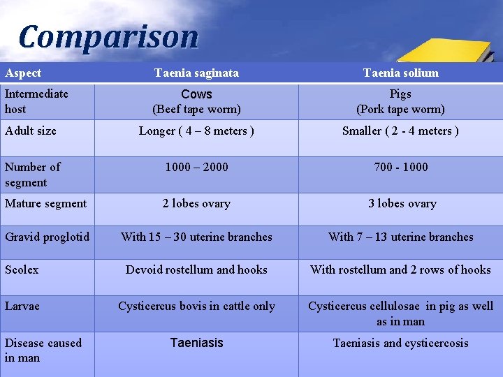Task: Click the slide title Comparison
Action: point(108,36)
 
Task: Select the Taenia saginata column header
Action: point(196,73)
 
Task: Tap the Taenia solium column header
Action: point(400,73)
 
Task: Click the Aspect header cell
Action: point(23,73)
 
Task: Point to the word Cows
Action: point(196,94)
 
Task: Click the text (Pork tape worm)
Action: point(400,110)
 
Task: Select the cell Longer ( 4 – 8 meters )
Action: point(196,131)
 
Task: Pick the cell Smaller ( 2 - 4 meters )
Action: point(400,131)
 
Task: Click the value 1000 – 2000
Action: point(196,167)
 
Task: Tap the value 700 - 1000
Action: point(400,167)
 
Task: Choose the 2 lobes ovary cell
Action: point(196,204)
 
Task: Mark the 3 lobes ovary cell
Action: point(402,204)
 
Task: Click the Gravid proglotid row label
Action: point(47,237)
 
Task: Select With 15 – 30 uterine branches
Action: point(196,237)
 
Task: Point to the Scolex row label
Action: point(22,269)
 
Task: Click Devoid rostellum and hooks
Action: point(196,269)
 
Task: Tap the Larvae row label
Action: point(22,306)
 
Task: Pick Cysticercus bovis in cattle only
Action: point(196,306)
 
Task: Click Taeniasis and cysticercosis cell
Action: point(400,343)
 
